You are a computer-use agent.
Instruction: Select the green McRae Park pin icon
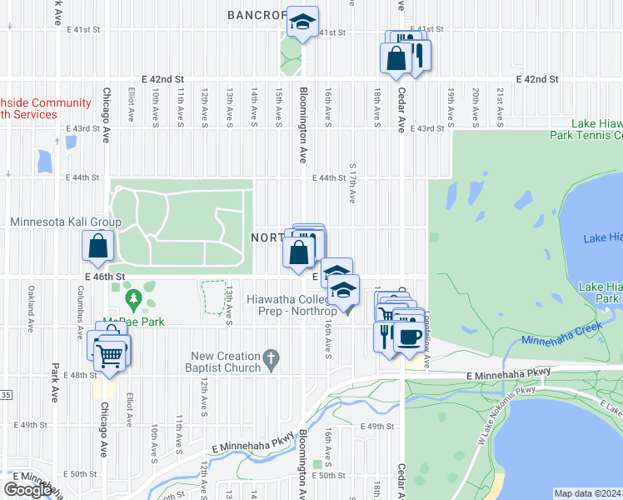(x=132, y=297)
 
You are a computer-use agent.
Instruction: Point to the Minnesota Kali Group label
(x=66, y=222)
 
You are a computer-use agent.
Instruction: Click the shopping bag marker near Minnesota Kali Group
(x=98, y=246)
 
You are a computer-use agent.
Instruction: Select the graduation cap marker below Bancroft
(x=303, y=22)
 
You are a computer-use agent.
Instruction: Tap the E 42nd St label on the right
(x=536, y=79)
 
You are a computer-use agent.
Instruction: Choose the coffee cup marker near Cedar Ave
(x=408, y=337)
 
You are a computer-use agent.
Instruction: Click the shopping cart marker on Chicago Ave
(x=111, y=356)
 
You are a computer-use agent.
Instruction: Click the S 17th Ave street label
(x=353, y=183)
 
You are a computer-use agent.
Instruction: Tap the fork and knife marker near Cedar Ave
(x=385, y=335)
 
